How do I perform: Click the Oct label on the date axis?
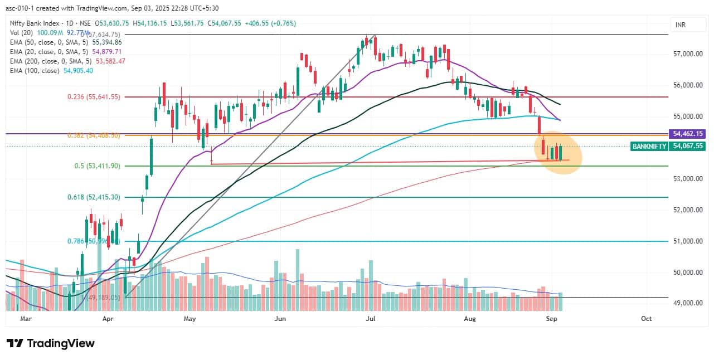[647, 319]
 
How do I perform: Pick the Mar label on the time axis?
[26, 319]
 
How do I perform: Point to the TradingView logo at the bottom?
[51, 343]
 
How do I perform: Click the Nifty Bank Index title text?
[35, 23]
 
